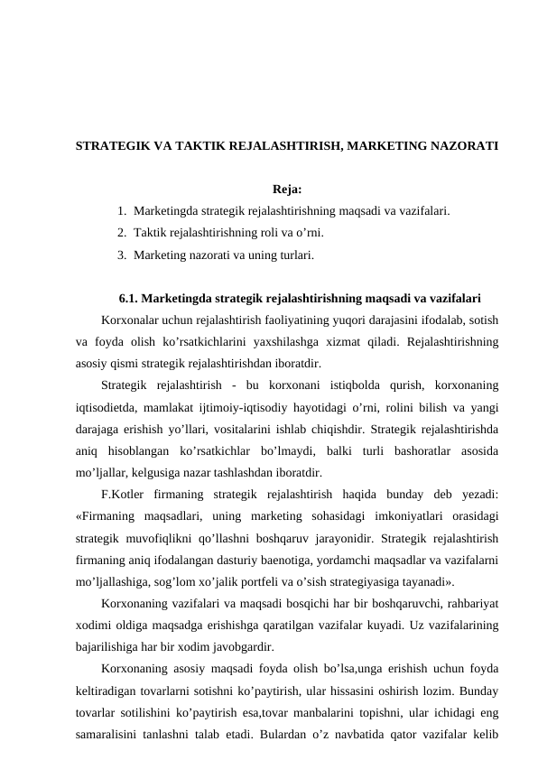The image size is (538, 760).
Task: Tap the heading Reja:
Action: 286,190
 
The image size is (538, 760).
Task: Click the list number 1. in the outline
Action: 122,211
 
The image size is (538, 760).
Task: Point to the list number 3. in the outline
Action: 122,255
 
